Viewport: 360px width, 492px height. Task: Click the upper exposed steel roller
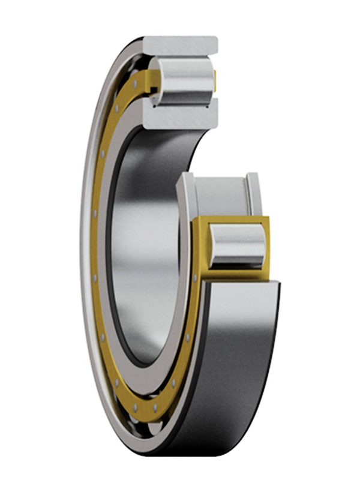tap(183, 82)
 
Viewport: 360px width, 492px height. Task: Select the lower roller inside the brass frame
tap(238, 245)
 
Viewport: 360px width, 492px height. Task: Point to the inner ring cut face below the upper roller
tap(180, 115)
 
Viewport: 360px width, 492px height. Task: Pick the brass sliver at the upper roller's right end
tap(215, 81)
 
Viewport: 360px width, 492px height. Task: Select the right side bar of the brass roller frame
tap(268, 246)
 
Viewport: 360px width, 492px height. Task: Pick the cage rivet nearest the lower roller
tap(195, 277)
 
